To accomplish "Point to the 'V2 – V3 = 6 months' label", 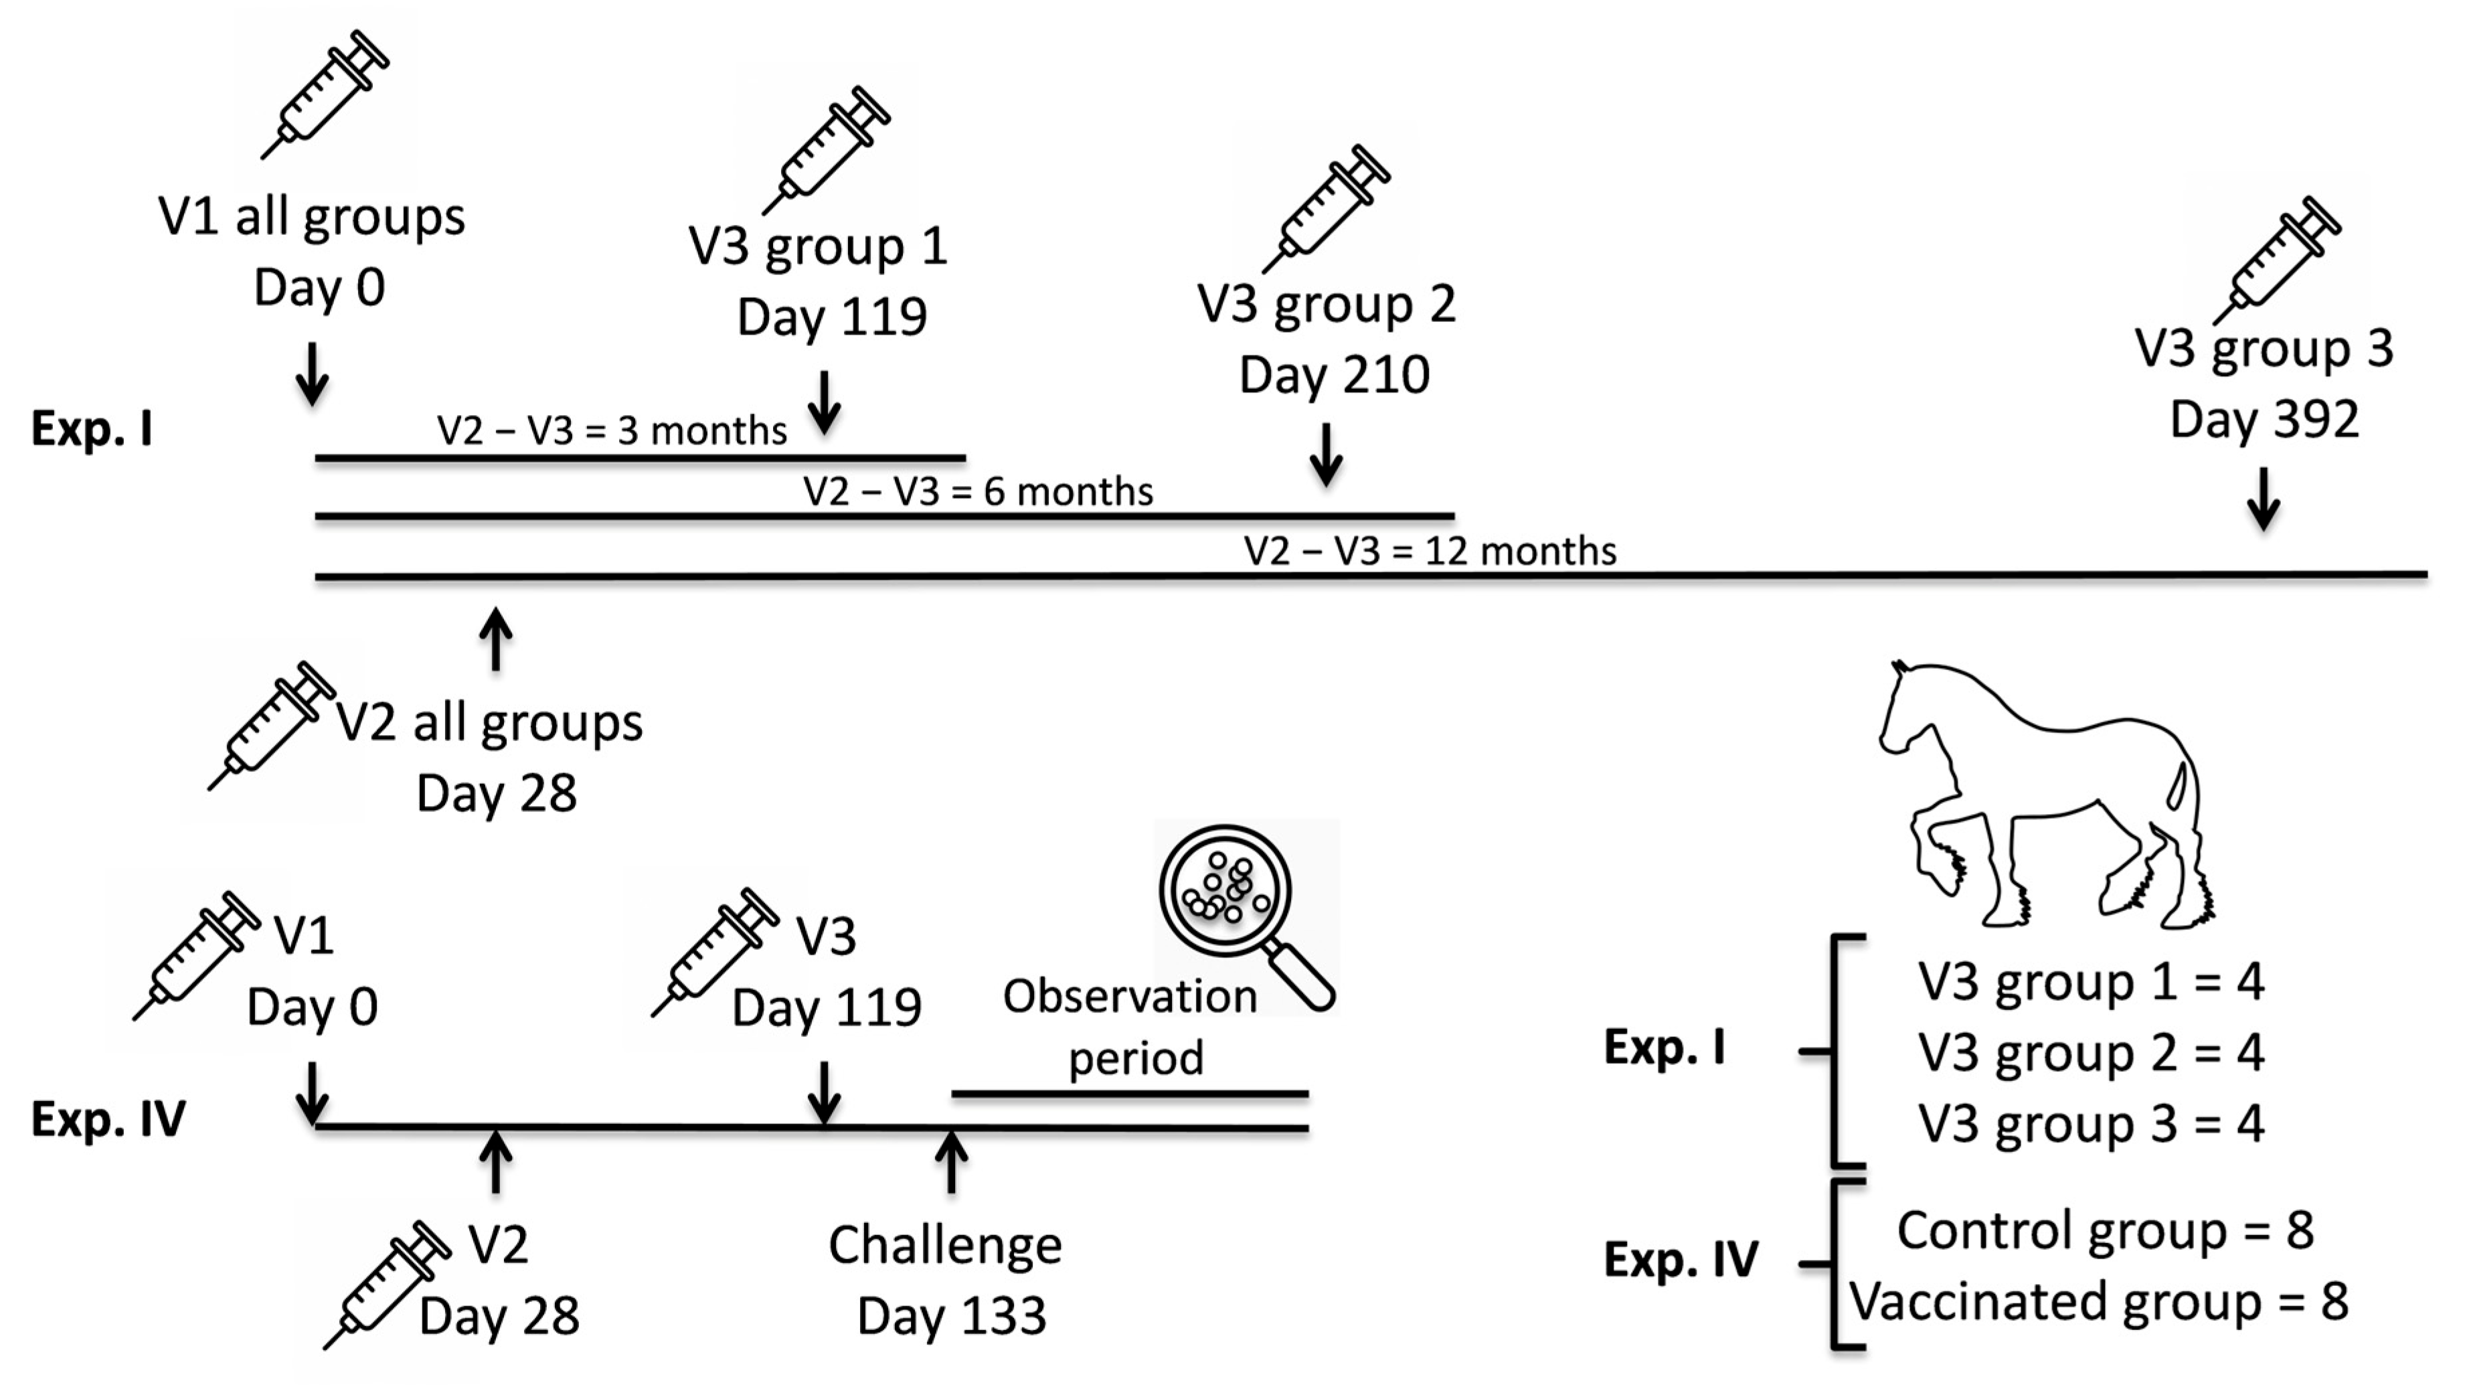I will (x=978, y=491).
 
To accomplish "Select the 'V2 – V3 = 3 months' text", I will (x=612, y=431).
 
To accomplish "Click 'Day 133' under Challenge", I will (x=951, y=1315).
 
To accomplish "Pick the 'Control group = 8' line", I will (x=2105, y=1230).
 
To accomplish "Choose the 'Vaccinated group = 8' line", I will (x=2098, y=1301).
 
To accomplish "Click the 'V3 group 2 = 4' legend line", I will (x=2091, y=1052).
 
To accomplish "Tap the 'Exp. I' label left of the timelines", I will (x=92, y=428).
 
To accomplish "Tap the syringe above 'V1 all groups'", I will (x=325, y=94).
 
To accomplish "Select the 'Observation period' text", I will (x=1132, y=1026).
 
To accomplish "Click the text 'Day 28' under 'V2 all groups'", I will (x=496, y=793).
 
